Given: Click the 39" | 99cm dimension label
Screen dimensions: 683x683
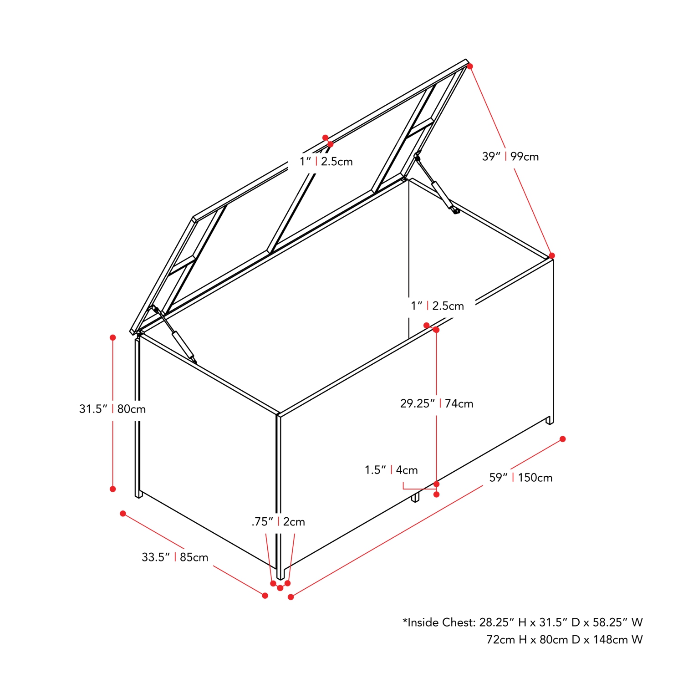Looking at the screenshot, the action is tap(510, 157).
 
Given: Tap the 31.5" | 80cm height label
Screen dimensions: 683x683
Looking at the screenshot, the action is tap(112, 409).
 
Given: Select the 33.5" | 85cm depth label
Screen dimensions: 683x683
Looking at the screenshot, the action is tap(175, 557).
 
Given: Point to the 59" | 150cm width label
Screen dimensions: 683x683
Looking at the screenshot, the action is tap(521, 478).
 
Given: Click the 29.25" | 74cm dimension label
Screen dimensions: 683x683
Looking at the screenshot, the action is tap(437, 403).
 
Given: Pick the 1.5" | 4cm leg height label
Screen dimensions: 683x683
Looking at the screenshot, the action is tap(391, 470).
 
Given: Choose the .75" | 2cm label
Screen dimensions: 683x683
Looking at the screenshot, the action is tap(278, 522).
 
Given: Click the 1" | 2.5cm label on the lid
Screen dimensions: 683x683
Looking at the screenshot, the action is tap(326, 162).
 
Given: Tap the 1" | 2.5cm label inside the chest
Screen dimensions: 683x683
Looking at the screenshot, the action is tap(438, 306).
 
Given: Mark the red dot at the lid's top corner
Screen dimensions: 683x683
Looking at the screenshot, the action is tap(470, 66).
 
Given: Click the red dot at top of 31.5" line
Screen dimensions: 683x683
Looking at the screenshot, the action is tap(113, 337).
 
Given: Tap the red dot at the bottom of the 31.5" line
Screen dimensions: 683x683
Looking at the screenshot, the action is tap(113, 489).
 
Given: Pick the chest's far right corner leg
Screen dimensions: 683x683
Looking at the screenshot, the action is tap(550, 420).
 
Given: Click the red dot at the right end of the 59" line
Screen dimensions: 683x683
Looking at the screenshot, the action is tap(563, 439).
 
